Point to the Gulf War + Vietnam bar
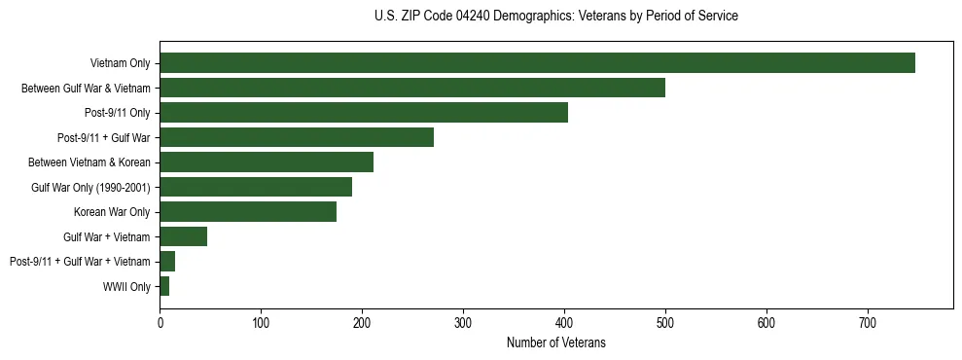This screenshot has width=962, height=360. click(x=184, y=236)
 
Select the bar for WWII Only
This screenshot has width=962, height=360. click(x=164, y=286)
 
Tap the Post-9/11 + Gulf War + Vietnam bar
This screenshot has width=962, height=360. click(x=167, y=262)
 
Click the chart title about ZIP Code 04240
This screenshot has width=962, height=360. click(x=555, y=17)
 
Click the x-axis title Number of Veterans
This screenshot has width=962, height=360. click(x=555, y=342)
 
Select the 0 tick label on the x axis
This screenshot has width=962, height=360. click(x=160, y=324)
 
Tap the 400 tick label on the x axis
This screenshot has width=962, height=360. click(x=564, y=324)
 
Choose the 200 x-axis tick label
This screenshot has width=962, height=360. click(x=362, y=324)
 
